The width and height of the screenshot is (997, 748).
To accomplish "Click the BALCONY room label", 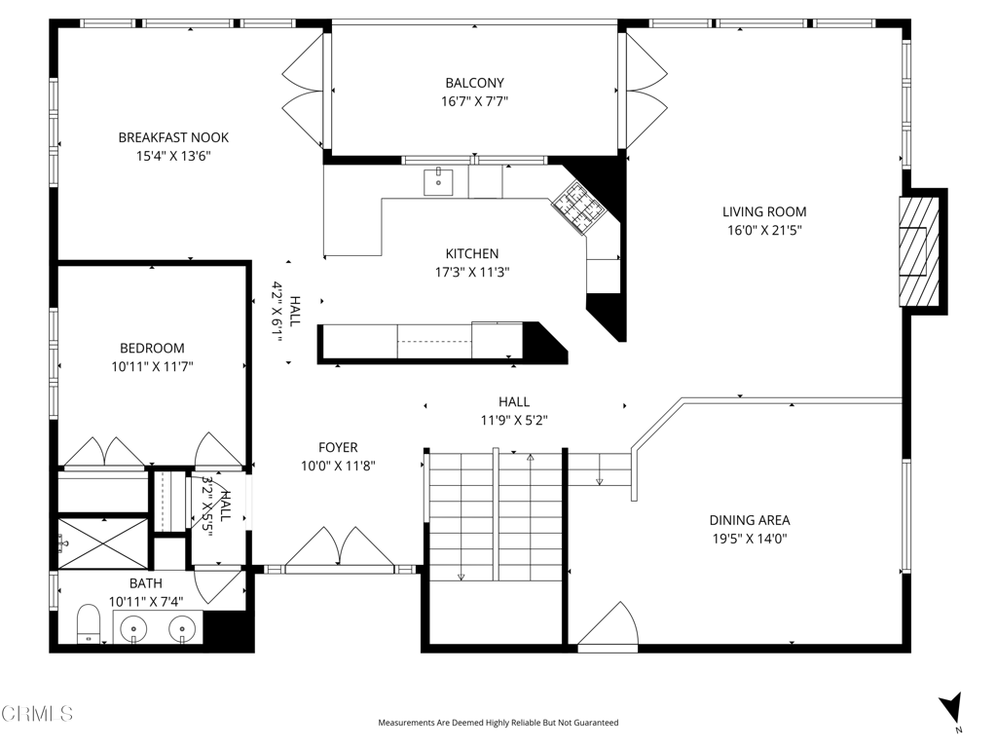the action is tap(474, 83).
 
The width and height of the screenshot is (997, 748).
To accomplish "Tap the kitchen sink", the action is tap(439, 182).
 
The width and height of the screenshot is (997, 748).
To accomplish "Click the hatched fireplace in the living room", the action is tap(919, 252).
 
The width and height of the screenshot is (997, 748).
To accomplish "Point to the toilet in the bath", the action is tap(89, 624).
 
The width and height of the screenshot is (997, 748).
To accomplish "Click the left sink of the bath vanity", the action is tap(133, 630).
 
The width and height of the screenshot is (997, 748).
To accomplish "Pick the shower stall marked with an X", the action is tap(103, 542).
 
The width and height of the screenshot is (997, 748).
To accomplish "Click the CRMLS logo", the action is tap(37, 714).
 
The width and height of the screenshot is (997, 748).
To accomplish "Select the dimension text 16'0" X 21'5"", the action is tap(764, 230).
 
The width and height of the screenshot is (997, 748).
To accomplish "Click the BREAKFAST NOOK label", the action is tap(173, 137).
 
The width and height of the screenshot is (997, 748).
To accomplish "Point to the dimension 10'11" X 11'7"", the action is tap(152, 366).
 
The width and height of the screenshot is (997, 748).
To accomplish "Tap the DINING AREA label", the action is tap(750, 520).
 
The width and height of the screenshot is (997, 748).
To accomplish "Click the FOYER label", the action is tap(338, 447).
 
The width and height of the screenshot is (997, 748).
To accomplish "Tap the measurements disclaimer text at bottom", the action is tap(498, 723).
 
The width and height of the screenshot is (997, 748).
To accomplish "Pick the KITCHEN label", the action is tap(472, 254).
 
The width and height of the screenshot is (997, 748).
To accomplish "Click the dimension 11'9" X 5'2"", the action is tap(514, 421).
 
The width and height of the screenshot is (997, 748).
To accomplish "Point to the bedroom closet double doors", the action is tap(105, 452).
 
